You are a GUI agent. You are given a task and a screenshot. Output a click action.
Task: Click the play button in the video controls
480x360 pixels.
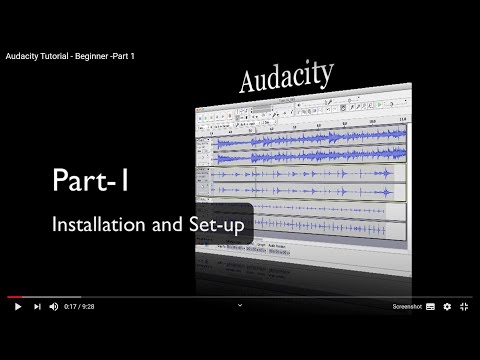tap(17, 307)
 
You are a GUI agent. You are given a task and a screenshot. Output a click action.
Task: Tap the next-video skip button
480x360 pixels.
tap(37, 307)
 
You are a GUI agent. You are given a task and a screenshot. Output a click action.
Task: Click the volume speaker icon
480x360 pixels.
tap(57, 307)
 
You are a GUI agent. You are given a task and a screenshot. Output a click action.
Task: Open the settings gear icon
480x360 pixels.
tap(447, 307)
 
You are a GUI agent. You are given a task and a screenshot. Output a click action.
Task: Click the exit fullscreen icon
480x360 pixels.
tap(466, 307)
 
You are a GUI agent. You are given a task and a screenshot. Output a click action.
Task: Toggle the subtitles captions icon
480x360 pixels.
tap(430, 307)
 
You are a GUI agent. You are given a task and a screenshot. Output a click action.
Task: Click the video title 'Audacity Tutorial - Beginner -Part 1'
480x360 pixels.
tap(70, 56)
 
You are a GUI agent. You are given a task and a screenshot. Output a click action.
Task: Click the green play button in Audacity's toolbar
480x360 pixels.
tap(213, 117)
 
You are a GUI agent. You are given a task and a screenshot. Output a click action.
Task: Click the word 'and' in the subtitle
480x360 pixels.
tap(168, 225)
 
